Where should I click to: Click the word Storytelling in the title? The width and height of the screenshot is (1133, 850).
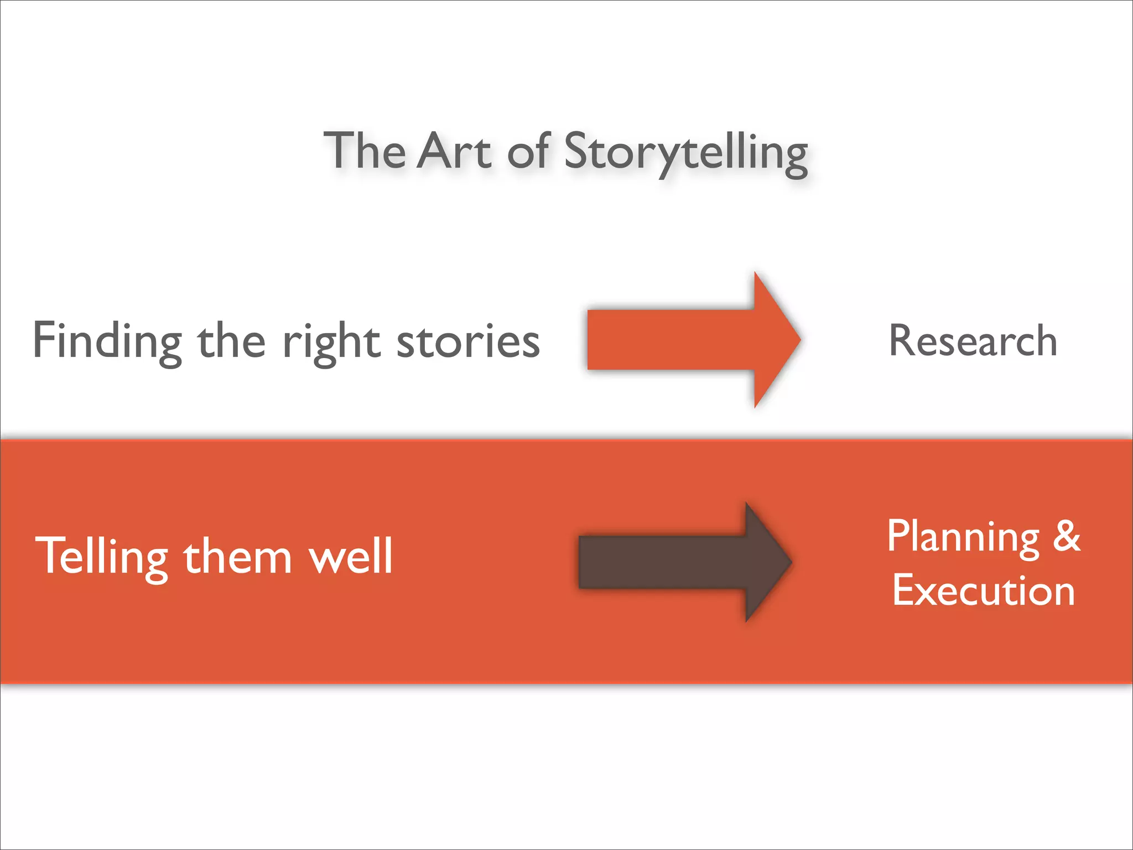(x=686, y=151)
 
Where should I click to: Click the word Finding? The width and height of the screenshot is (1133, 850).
(x=107, y=341)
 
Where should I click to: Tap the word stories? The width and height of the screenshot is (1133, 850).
(x=468, y=341)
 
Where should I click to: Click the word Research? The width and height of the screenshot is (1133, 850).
(x=973, y=340)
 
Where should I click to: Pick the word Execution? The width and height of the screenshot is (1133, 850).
(x=984, y=590)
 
